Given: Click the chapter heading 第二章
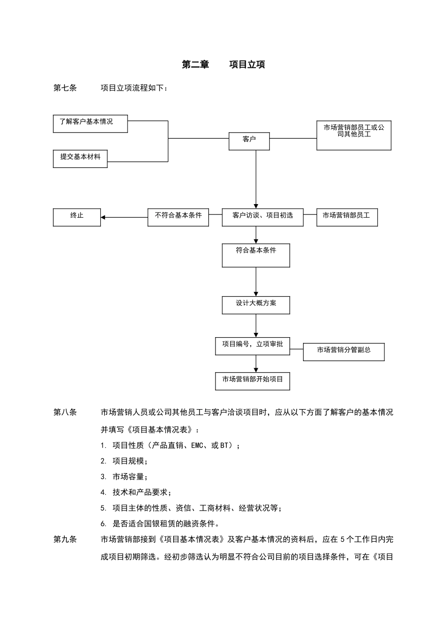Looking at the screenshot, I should click(195, 65).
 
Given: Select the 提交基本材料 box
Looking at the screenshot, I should click(80, 158).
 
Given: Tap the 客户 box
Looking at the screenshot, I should click(249, 141).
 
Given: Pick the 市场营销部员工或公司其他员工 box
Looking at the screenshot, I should click(353, 135).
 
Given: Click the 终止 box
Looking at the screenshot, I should click(77, 217).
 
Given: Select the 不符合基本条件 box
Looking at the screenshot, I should click(178, 217).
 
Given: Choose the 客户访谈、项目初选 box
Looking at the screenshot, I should click(262, 217).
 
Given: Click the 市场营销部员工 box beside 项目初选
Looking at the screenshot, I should click(347, 217).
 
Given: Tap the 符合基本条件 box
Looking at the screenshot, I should click(255, 255).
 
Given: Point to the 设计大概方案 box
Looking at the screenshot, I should click(255, 305).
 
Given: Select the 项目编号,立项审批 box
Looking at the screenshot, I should click(252, 346).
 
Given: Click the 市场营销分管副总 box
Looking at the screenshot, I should click(343, 352).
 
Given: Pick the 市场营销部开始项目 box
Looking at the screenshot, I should click(252, 381).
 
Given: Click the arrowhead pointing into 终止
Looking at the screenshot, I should click(103, 217).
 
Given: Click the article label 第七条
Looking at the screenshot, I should click(65, 88).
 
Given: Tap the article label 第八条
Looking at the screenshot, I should click(65, 412).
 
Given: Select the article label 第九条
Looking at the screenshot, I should click(65, 539).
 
